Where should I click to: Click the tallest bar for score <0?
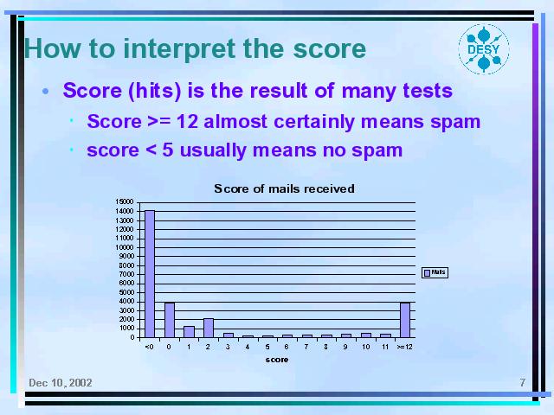point(150,274)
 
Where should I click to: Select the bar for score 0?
point(170,320)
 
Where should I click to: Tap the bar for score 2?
point(209,328)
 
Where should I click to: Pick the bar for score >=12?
point(405,320)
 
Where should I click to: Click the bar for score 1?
point(189,332)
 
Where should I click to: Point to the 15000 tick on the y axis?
point(125,201)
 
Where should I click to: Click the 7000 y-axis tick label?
point(126,274)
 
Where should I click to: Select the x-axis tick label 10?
point(365,347)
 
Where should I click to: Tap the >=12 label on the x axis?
point(404,347)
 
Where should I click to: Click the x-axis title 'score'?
point(277,360)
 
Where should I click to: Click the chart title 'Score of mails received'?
point(284,188)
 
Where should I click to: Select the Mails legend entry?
point(435,272)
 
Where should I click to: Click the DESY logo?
point(484,49)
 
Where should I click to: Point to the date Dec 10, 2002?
point(61,383)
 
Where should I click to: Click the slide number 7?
point(523,382)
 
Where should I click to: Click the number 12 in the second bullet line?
point(187,121)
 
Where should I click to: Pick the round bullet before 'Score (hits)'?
point(45,92)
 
